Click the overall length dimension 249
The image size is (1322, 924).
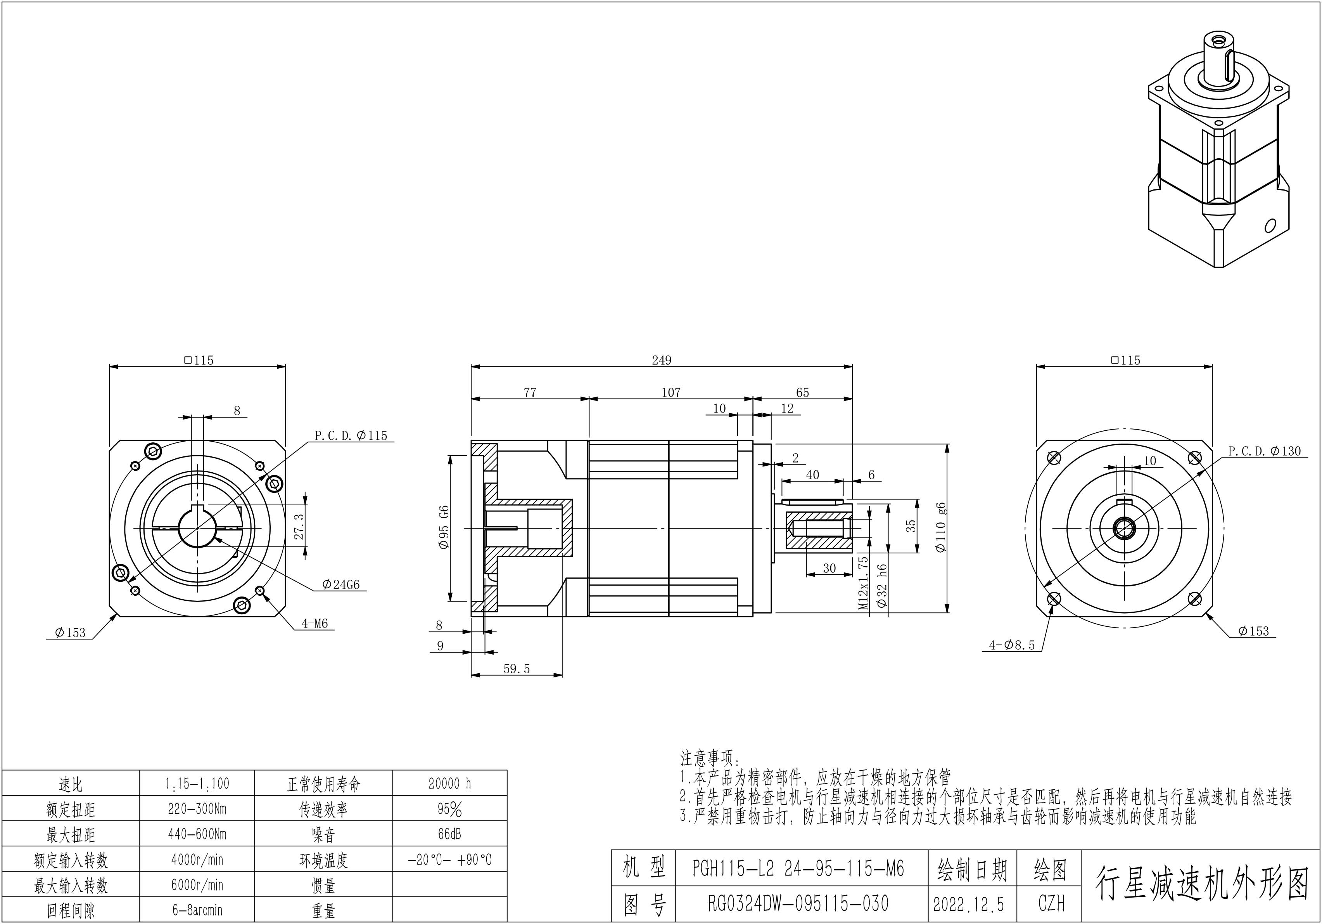tap(662, 360)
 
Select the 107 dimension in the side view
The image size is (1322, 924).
tap(671, 392)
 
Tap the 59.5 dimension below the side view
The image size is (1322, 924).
tap(517, 669)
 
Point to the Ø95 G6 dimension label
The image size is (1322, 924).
tap(444, 527)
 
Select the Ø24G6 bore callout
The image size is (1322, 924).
tap(341, 585)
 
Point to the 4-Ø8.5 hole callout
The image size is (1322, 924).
tap(1012, 645)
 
